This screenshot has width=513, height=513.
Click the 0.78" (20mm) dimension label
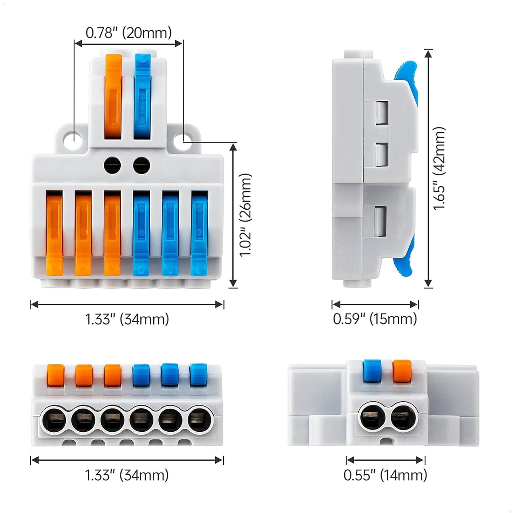(x=129, y=33)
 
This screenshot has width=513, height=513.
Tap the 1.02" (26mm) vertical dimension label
(x=245, y=215)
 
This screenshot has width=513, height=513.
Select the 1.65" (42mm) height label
(x=439, y=169)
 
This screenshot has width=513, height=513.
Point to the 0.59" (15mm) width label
(x=375, y=319)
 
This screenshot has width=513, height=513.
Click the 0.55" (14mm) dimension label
(x=385, y=475)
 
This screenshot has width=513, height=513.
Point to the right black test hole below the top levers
(x=142, y=165)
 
